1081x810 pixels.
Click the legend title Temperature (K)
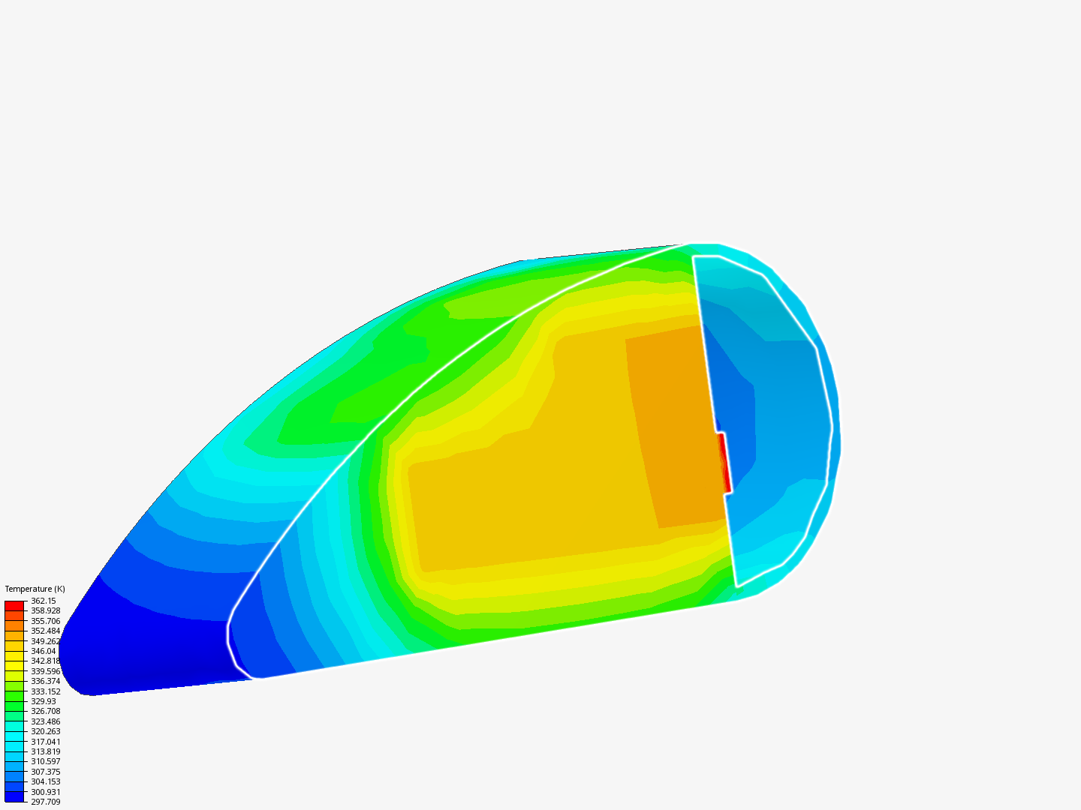coord(35,589)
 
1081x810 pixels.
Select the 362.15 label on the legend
coord(44,601)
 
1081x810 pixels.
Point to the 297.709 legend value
coord(45,802)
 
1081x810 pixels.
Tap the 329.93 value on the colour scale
coord(44,701)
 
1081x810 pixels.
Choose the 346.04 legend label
coord(44,651)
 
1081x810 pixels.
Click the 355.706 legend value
coord(45,621)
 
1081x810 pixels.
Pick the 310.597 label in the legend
coord(45,762)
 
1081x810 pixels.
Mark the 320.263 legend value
coord(45,731)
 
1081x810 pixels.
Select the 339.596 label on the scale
coord(45,671)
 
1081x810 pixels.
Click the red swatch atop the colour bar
coord(14,606)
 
